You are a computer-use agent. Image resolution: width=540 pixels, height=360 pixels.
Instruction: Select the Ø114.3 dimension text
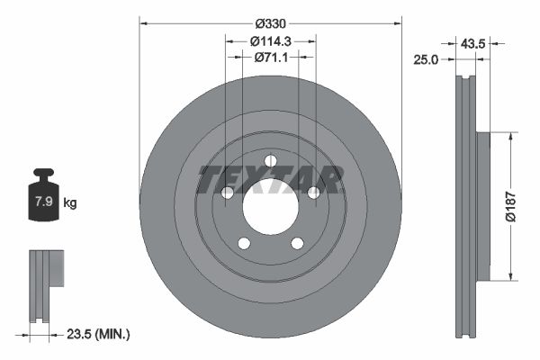tap(270, 40)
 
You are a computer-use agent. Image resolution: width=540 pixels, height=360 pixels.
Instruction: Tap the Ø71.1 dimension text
tap(270, 58)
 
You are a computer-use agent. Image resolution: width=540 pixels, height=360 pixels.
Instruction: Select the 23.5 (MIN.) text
tap(99, 334)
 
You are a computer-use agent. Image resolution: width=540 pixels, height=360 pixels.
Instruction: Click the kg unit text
tap(70, 202)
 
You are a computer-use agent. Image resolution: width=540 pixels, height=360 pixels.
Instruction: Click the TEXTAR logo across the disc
tap(270, 180)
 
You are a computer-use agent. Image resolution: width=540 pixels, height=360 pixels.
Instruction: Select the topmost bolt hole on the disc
tap(270, 161)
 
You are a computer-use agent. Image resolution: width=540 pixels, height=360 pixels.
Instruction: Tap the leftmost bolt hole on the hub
tap(228, 193)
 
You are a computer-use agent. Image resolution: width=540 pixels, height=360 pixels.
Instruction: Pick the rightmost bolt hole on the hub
tap(313, 193)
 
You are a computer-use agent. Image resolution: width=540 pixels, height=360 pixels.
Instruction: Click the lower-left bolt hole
tap(243, 242)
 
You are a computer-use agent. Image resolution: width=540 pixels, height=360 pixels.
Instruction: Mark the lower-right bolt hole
tap(297, 242)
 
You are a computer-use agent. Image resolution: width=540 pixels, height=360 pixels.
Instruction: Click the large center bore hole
tap(270, 206)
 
